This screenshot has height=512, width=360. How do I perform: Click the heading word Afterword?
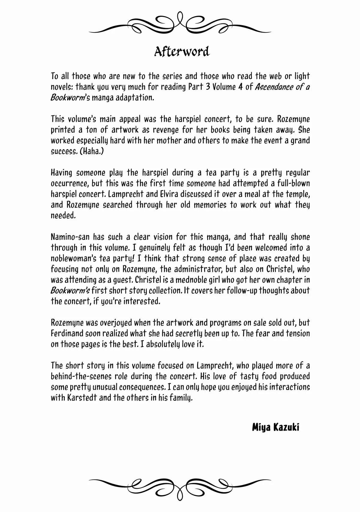(x=181, y=51)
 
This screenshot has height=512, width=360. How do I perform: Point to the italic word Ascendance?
(x=273, y=87)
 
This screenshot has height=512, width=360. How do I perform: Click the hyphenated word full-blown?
(x=292, y=183)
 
